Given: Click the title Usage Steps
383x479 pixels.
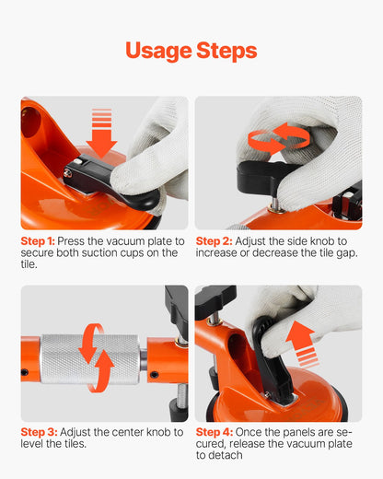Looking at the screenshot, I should (191, 50).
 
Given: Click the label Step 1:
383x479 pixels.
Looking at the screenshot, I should (38, 241).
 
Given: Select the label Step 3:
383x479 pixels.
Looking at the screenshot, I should (38, 431).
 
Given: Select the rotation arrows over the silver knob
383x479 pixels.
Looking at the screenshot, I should (96, 356).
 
